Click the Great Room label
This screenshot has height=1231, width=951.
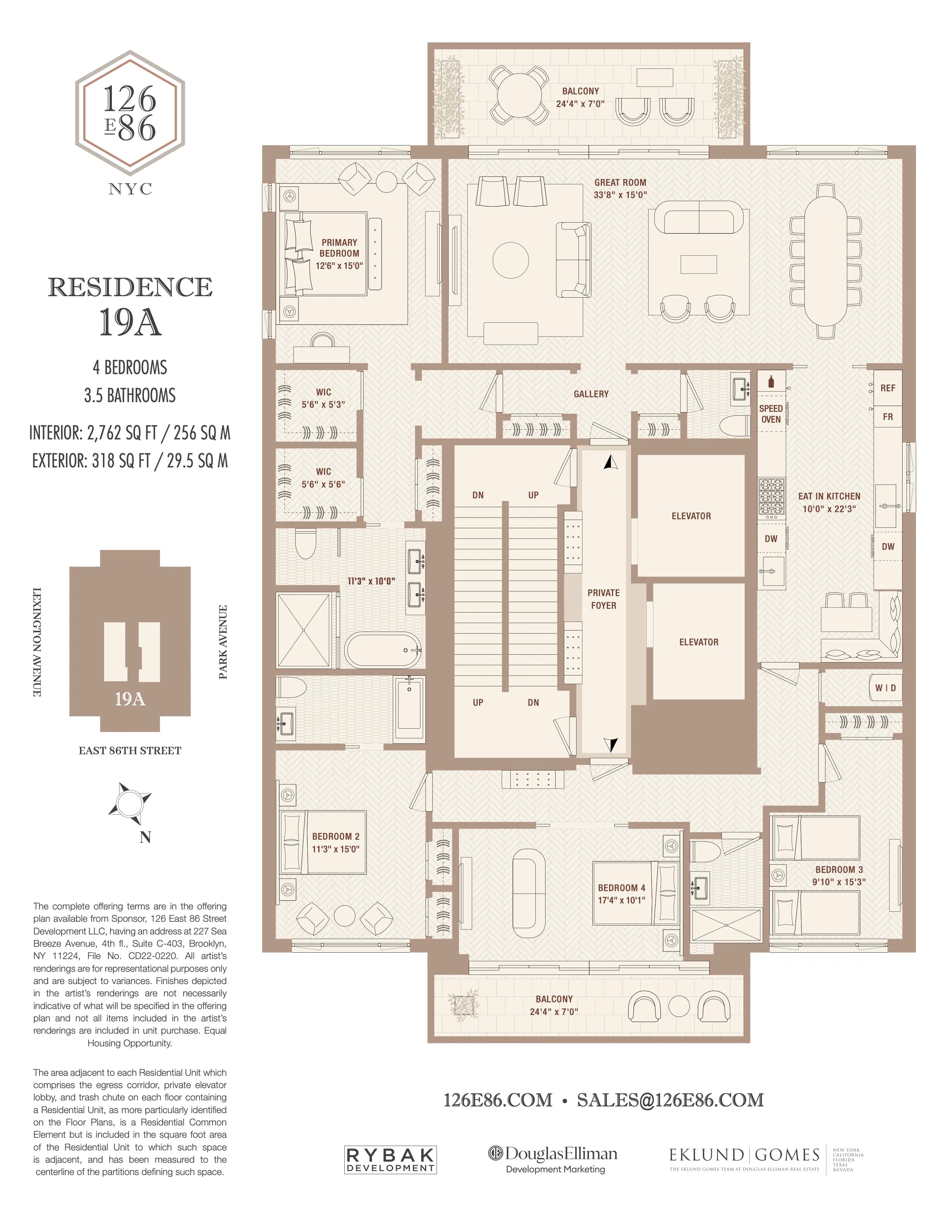620,183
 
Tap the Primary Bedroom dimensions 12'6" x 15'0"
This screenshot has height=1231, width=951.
339,266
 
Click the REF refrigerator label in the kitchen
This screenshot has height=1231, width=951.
887,388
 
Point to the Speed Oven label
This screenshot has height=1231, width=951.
771,414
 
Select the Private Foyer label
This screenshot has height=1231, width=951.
603,599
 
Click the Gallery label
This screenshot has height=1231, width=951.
591,394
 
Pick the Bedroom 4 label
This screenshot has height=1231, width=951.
621,888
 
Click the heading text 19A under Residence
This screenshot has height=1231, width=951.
130,323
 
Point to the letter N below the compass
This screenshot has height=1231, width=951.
145,837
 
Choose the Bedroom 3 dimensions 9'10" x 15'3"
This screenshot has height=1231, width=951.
838,882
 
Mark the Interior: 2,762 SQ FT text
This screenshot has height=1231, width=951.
129,433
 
